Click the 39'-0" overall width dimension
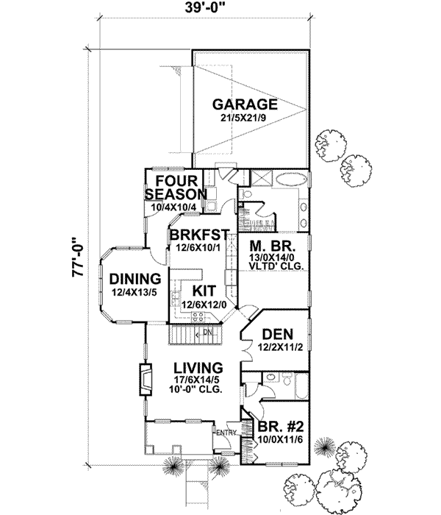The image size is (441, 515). coord(202,10)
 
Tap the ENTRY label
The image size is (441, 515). coord(225,433)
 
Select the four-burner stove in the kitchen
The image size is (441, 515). coord(197,316)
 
